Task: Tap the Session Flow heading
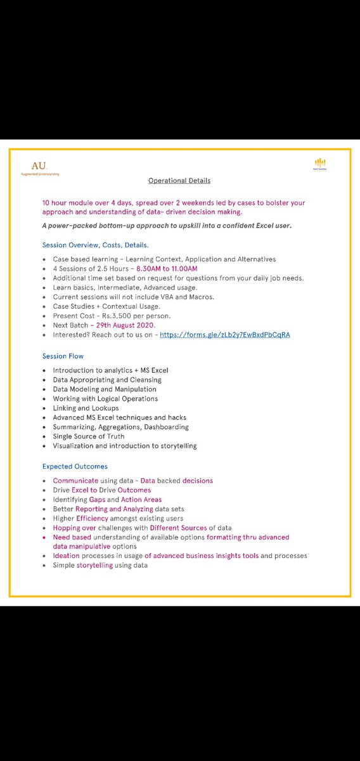click(x=63, y=356)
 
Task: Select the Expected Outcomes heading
click(x=75, y=466)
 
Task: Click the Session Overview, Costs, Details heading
click(x=96, y=245)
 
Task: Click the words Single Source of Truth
click(x=89, y=436)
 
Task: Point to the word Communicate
click(x=75, y=481)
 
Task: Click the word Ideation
click(x=67, y=556)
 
